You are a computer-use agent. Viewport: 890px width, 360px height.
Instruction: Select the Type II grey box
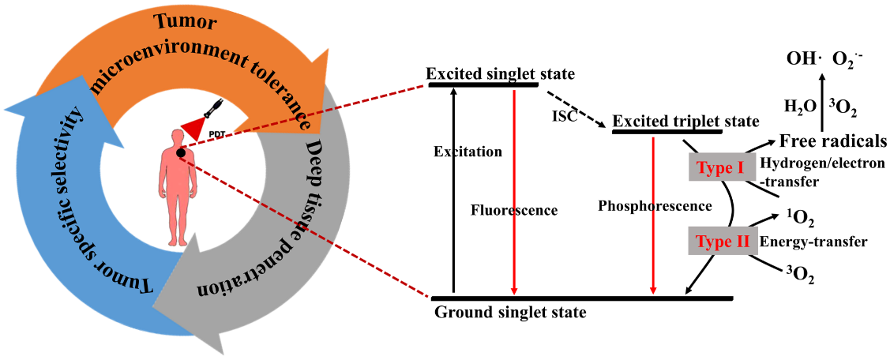pyautogui.click(x=720, y=242)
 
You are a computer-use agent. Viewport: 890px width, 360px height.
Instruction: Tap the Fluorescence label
pyautogui.click(x=514, y=211)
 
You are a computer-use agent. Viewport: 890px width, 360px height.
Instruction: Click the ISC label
pyautogui.click(x=565, y=117)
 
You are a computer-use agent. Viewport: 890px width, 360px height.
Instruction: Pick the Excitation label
pyautogui.click(x=468, y=151)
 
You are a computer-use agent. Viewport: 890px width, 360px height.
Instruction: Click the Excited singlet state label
pyautogui.click(x=500, y=73)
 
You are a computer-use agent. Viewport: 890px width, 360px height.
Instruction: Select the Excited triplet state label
pyautogui.click(x=685, y=122)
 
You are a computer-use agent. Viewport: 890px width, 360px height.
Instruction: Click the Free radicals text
pyautogui.click(x=832, y=141)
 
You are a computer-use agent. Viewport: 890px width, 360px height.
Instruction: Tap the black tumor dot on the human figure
pyautogui.click(x=181, y=152)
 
